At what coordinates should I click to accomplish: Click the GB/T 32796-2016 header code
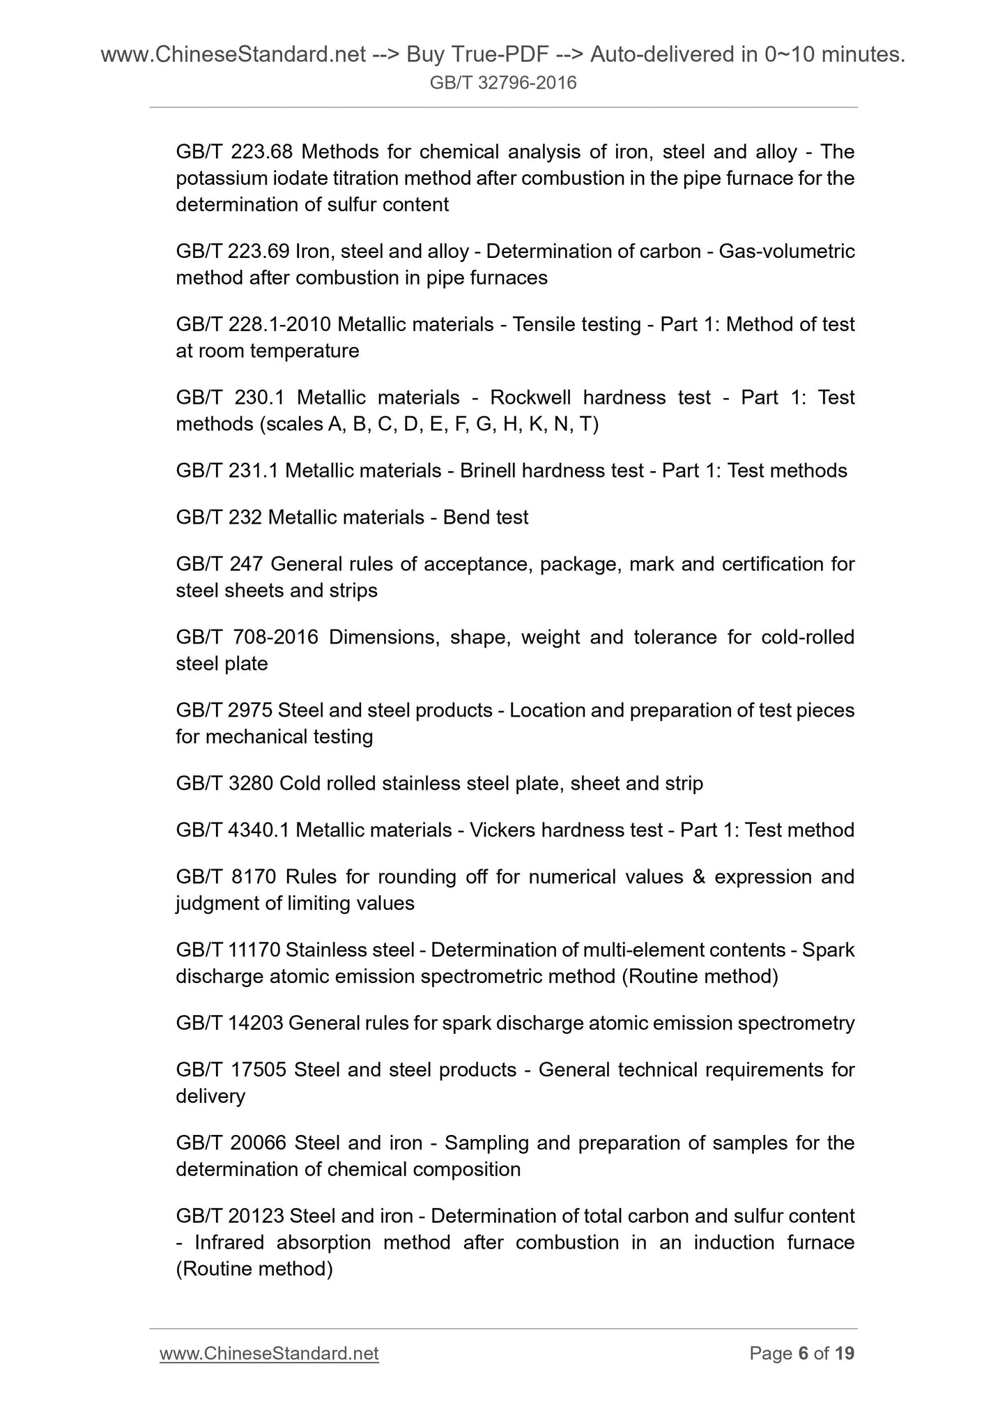click(503, 84)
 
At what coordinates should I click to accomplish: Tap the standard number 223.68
click(262, 152)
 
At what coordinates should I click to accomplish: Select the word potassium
click(220, 178)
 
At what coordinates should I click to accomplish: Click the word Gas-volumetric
click(787, 251)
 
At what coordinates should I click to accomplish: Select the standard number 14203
click(255, 1023)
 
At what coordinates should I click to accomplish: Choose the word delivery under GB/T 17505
click(210, 1096)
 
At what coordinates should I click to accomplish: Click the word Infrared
click(229, 1242)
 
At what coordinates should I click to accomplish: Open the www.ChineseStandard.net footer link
click(269, 1353)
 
